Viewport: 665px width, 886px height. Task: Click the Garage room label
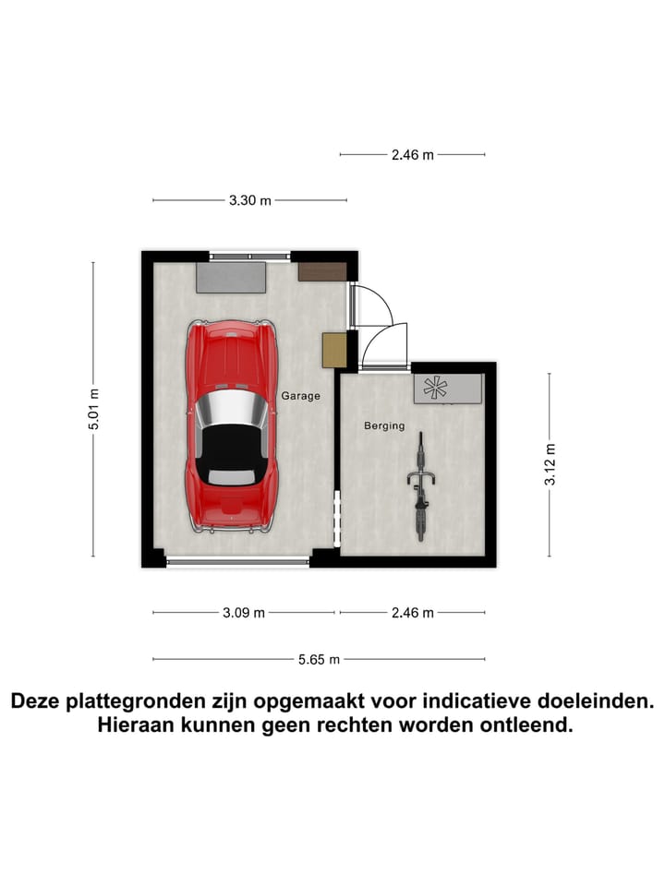(301, 396)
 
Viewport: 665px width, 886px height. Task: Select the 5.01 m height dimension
(93, 409)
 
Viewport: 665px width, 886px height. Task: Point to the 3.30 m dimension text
(249, 200)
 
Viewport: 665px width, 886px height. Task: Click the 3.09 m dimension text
(244, 612)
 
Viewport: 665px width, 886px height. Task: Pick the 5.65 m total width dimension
(319, 659)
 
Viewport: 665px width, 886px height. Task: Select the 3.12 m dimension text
(550, 465)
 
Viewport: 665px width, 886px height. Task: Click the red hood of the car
(231, 355)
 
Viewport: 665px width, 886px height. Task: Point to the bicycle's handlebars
(421, 477)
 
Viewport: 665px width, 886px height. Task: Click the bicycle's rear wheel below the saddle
(421, 521)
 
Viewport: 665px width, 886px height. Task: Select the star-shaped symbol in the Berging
(434, 389)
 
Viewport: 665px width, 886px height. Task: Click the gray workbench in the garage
(231, 277)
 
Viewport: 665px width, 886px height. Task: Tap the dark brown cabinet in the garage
(322, 271)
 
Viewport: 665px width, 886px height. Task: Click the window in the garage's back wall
(249, 256)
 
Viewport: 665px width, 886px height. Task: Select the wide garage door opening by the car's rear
(238, 561)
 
